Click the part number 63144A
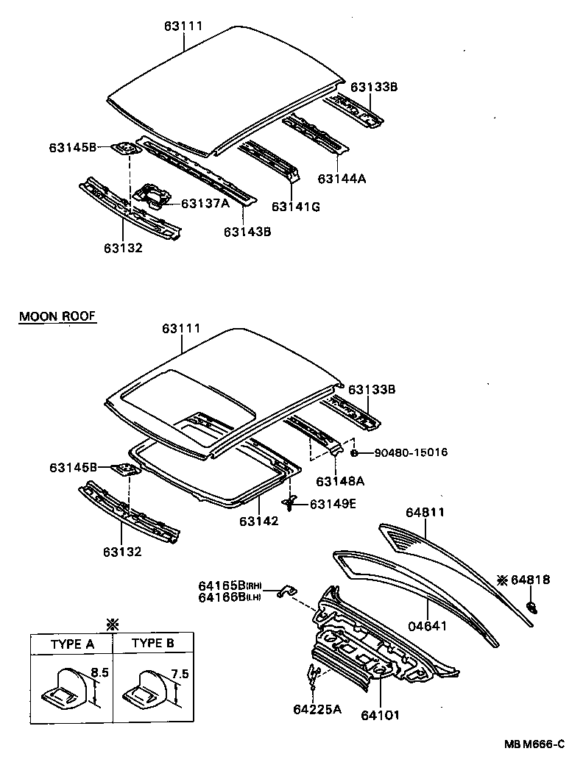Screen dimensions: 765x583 coord(342,178)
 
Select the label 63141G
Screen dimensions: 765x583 coord(296,207)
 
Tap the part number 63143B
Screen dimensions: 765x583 coord(248,232)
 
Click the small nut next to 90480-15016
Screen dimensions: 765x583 coord(354,452)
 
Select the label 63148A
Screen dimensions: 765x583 coord(341,482)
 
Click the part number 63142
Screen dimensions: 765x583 coord(258,522)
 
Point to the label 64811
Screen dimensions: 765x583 coord(425,512)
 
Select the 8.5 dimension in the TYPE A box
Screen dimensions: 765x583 coord(99,672)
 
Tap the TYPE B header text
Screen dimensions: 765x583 coord(153,644)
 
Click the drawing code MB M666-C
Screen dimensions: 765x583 coord(534,744)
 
